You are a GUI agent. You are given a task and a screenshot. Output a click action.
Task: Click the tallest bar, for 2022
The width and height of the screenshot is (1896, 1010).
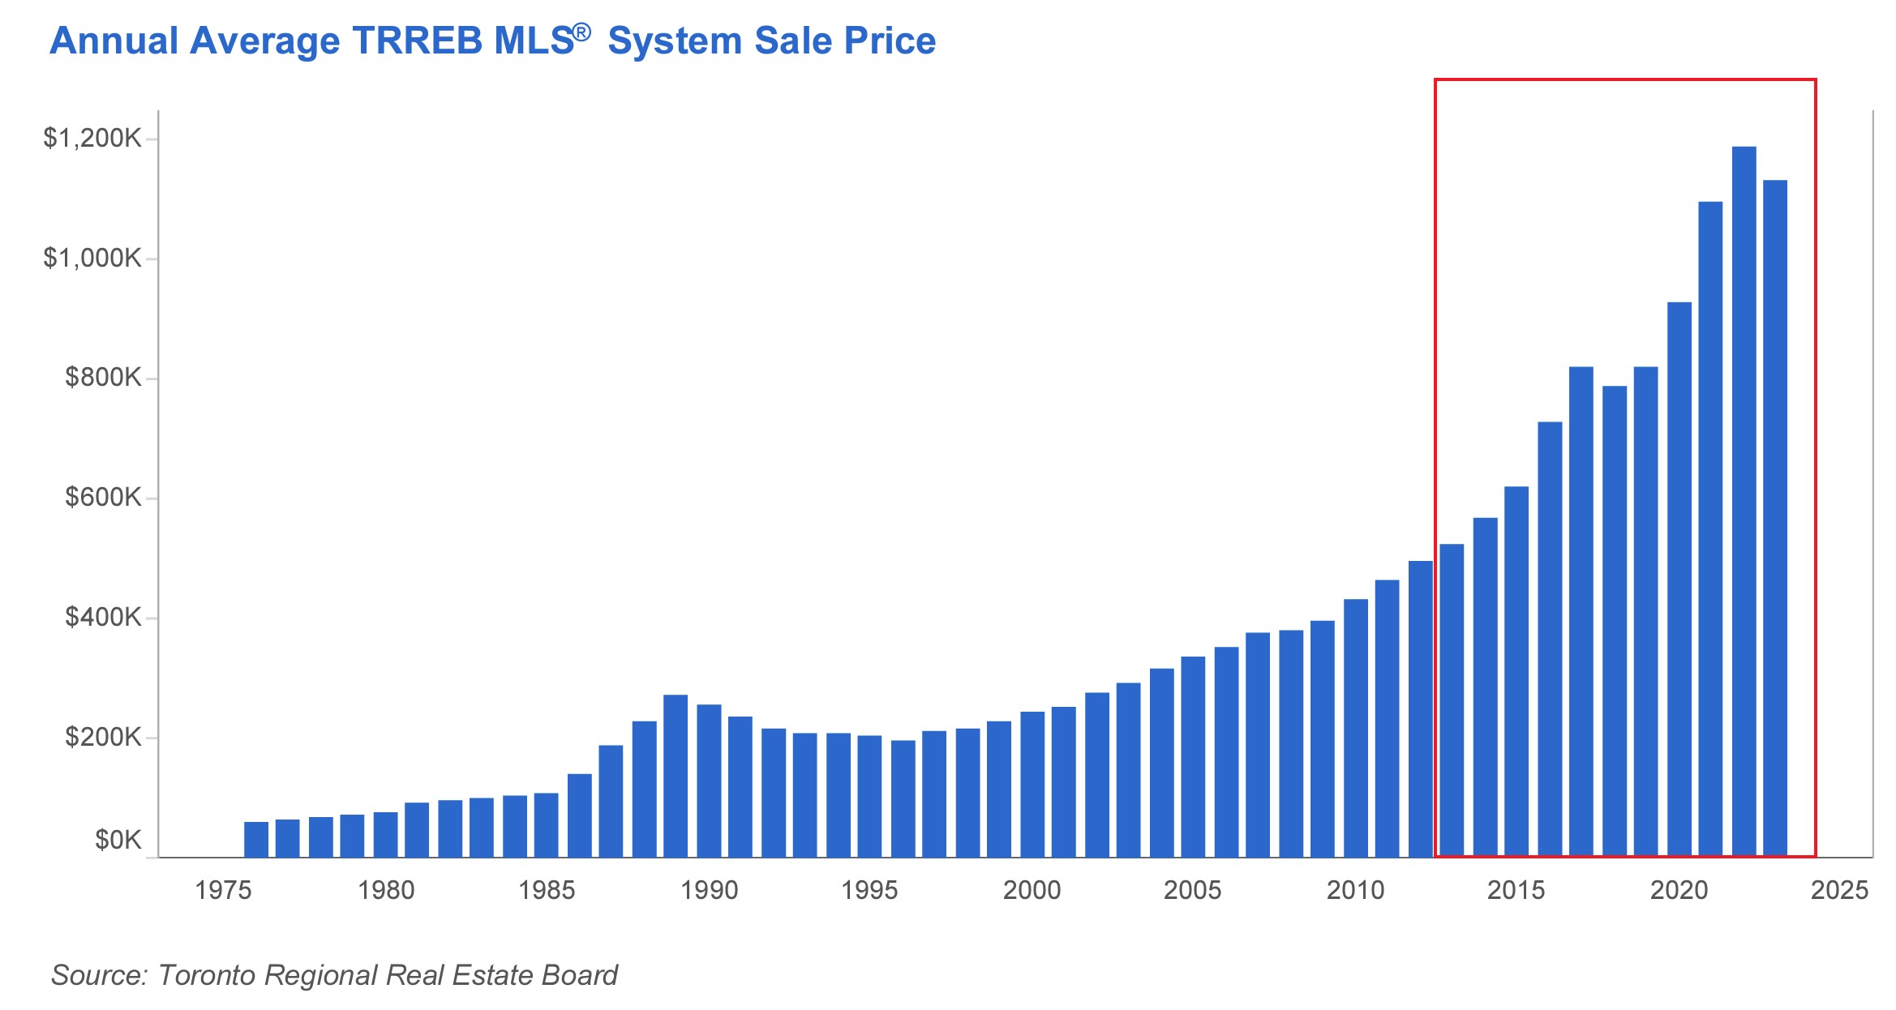coord(1744,503)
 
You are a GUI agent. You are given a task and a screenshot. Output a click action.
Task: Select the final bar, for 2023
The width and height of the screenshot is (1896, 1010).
coord(1775,519)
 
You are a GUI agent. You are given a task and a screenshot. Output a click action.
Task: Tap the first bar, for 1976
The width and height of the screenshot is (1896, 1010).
coord(256,840)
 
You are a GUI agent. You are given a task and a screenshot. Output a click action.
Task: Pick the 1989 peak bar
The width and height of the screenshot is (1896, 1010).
coord(676,776)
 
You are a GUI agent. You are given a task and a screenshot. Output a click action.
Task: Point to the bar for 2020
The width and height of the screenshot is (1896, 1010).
coord(1679,580)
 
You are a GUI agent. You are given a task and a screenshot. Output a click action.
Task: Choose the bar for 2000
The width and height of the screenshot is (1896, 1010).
coord(1032,784)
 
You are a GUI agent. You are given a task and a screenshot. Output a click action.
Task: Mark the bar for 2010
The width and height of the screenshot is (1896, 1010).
coord(1356,728)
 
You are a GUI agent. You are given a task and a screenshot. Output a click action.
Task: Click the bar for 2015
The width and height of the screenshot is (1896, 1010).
coord(1516,671)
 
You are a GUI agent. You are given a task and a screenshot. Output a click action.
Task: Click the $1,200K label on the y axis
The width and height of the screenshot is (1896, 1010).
coord(92,139)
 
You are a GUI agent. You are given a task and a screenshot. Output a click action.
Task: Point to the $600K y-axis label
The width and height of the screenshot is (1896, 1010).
coord(103,497)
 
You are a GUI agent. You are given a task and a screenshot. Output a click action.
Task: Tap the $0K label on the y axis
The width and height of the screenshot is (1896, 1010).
coord(118,840)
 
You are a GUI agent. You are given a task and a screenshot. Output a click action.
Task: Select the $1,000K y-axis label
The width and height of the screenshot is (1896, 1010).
coord(92,259)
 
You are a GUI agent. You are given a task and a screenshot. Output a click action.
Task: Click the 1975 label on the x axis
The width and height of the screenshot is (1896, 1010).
coord(223,890)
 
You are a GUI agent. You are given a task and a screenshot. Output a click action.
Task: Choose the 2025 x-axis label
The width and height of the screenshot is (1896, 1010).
coord(1839,890)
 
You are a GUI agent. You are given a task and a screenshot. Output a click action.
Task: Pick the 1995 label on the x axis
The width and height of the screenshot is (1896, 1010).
coord(869,890)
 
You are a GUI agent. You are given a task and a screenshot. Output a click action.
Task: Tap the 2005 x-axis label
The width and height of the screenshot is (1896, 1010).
coord(1192,890)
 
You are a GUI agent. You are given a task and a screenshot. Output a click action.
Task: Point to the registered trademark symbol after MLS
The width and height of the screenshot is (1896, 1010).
coord(581,32)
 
